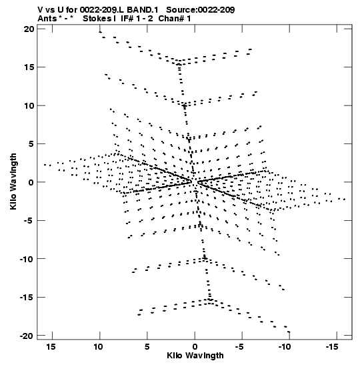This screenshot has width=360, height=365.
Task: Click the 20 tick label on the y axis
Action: (x=29, y=29)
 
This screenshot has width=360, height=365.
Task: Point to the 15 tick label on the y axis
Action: (x=29, y=67)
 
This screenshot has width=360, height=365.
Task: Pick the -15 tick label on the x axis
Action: (x=332, y=347)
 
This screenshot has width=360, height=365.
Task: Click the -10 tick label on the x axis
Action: (x=285, y=347)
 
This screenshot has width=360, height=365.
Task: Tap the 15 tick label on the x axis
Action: (x=51, y=347)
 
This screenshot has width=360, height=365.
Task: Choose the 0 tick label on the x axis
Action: (x=195, y=347)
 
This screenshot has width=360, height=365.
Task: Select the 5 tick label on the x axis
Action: (x=147, y=347)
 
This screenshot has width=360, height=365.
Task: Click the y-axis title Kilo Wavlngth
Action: (x=13, y=181)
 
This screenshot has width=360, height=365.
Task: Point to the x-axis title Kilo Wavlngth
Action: (x=195, y=356)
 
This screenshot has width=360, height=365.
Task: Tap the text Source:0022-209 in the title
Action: (x=201, y=10)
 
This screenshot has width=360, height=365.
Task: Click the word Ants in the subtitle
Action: (x=47, y=19)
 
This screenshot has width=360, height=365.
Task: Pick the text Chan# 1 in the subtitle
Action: (x=175, y=19)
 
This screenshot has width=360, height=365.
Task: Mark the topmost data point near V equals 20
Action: (x=100, y=32)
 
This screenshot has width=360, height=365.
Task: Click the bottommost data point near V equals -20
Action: (x=289, y=332)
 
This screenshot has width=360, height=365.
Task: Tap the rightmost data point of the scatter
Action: (x=345, y=200)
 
